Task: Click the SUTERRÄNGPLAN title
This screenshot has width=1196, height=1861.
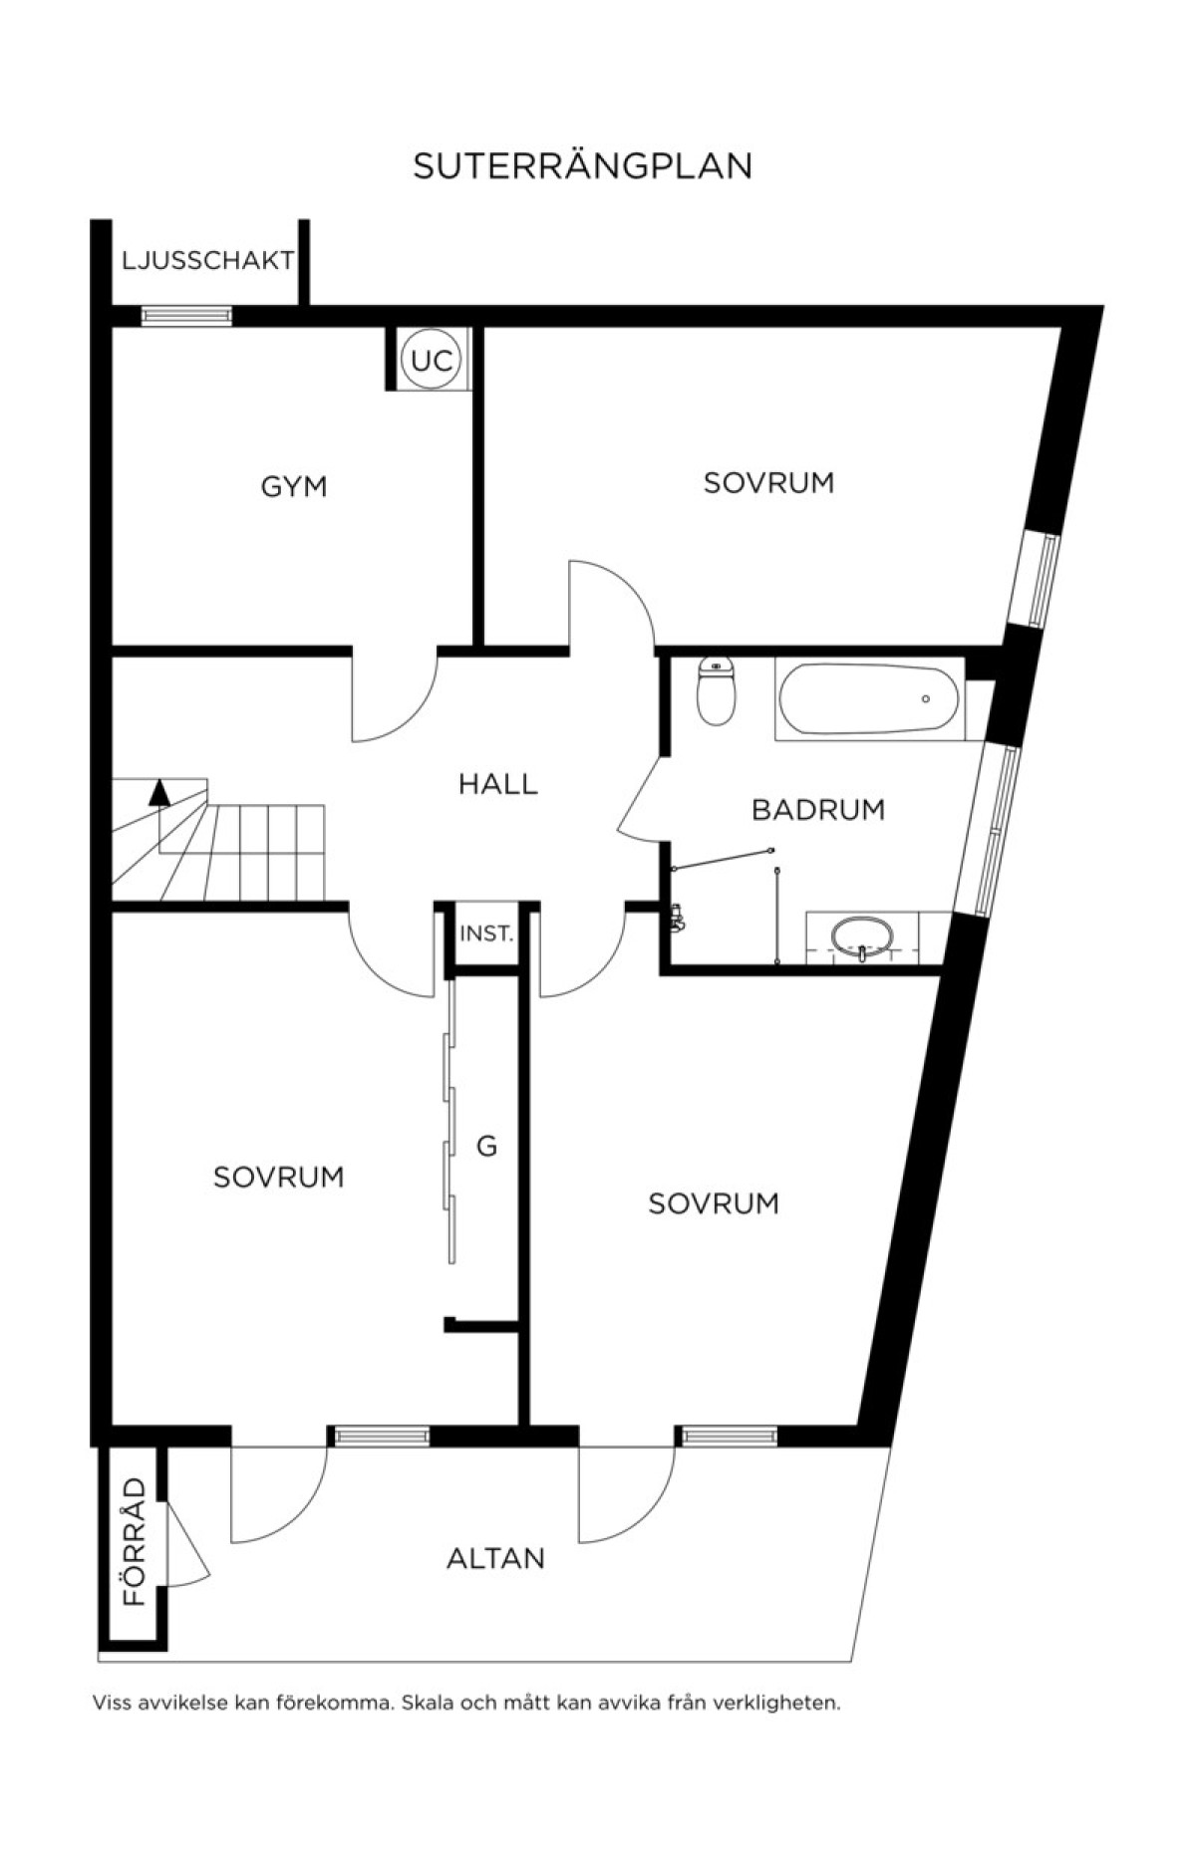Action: [x=582, y=166]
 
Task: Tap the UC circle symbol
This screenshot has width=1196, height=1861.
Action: [x=432, y=361]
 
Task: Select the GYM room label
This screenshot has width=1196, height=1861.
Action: [x=294, y=486]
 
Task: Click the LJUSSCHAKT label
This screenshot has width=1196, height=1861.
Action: [x=208, y=260]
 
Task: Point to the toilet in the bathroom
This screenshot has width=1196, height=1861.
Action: [x=716, y=689]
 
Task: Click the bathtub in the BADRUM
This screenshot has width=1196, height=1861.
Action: [x=869, y=698]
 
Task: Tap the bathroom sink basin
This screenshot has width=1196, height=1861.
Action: [x=862, y=936]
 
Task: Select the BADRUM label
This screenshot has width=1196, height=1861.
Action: [x=818, y=809]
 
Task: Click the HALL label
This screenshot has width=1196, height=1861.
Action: [x=498, y=784]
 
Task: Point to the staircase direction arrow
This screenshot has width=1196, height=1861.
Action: [x=158, y=792]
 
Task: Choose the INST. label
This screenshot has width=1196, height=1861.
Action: [x=486, y=934]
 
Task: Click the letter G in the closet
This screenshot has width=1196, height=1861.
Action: [x=486, y=1147]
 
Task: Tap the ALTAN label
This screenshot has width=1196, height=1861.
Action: [x=495, y=1558]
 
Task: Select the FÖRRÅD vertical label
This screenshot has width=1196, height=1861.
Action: [x=135, y=1541]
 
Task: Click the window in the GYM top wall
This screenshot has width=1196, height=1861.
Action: [x=186, y=316]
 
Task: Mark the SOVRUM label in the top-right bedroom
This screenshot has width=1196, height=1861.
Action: [x=768, y=482]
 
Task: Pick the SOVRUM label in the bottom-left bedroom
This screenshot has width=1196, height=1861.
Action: [x=279, y=1177]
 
